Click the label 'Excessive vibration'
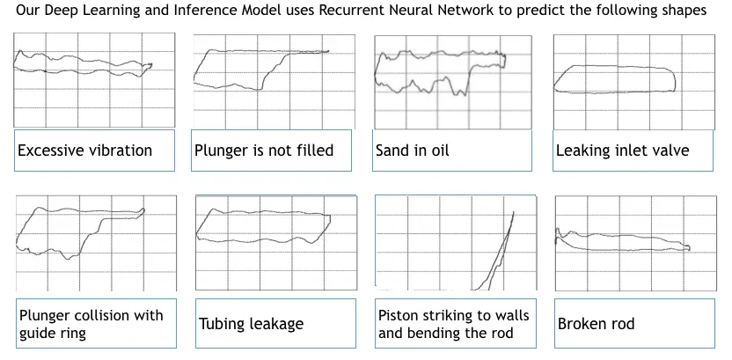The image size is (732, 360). (84, 151)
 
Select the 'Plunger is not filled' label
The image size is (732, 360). (263, 151)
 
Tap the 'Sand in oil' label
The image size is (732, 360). (412, 151)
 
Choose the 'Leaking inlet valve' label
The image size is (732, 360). (622, 151)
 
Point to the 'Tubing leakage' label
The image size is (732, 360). (251, 323)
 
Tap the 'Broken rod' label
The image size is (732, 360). (596, 323)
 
